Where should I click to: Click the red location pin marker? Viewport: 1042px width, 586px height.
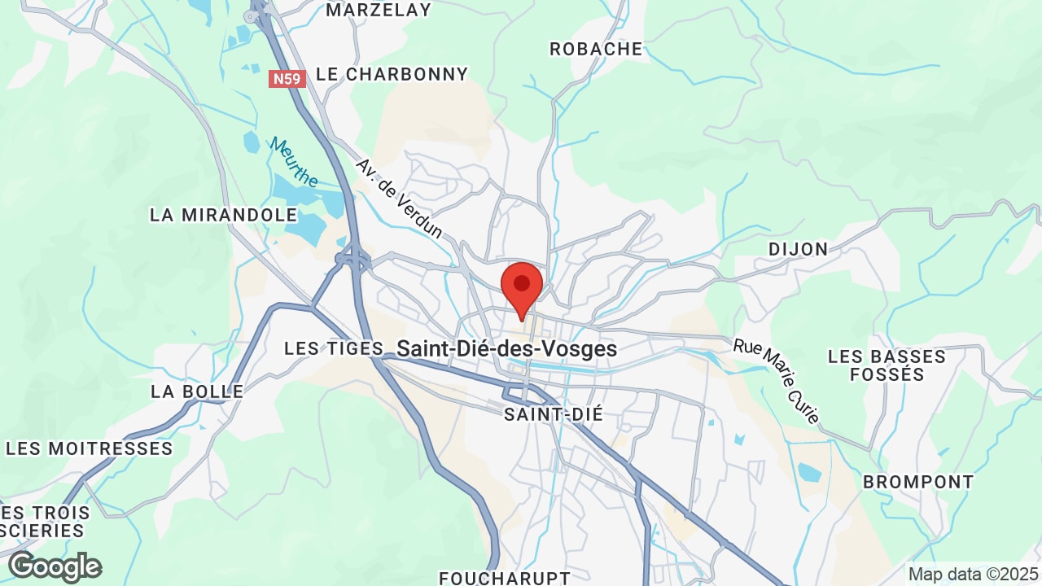(x=522, y=286)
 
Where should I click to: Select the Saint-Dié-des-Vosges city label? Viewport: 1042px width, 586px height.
(x=506, y=349)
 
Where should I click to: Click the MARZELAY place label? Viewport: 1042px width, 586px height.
(x=379, y=10)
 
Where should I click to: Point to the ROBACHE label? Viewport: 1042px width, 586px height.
(x=596, y=49)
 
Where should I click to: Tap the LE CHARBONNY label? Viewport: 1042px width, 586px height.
(x=392, y=74)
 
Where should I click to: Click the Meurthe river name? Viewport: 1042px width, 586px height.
(x=294, y=162)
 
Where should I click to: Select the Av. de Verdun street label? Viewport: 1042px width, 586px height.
(x=399, y=198)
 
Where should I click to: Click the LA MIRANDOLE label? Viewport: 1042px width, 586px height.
(x=224, y=215)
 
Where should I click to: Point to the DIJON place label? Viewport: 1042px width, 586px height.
(x=798, y=249)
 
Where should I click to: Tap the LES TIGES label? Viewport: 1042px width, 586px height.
(x=333, y=348)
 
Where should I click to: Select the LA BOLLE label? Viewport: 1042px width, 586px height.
(x=197, y=391)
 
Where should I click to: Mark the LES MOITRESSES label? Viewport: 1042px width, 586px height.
(x=90, y=448)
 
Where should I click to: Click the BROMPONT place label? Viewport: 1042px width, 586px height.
(x=918, y=482)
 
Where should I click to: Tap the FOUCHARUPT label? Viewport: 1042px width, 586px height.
(x=505, y=578)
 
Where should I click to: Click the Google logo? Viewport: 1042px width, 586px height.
(x=55, y=566)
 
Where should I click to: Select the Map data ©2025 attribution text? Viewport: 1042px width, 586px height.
(x=972, y=574)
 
